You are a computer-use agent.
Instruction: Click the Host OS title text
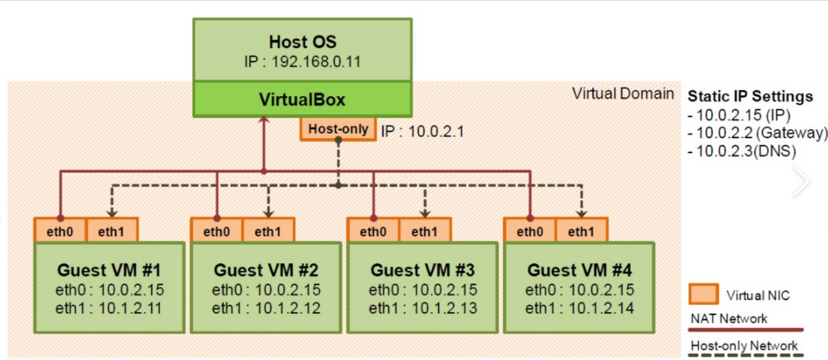coord(303,42)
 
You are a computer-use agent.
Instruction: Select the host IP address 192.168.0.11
coord(316,61)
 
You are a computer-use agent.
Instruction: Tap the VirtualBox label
coord(302,100)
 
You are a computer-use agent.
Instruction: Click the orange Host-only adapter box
coord(338,129)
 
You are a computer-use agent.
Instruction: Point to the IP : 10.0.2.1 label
coord(422,131)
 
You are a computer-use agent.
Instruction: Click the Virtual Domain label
coord(623,94)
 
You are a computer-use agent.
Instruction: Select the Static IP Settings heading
coord(750,97)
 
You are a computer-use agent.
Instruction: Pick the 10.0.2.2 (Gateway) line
coord(757,133)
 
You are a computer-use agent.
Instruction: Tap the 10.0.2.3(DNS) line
coord(742,151)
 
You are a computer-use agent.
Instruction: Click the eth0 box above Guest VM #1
coord(60,230)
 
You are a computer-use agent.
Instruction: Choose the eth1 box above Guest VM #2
coord(268,230)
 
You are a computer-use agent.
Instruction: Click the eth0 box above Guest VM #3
coord(373,230)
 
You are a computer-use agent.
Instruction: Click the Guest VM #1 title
coord(109,270)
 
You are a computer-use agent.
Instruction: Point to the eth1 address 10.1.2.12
coord(287,308)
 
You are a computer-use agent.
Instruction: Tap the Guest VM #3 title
coord(422,270)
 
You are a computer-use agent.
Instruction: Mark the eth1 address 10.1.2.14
coord(601,308)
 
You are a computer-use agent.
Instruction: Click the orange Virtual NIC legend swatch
coord(703,294)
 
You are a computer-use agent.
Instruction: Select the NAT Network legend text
coord(729,319)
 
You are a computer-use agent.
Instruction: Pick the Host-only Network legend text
coord(744,346)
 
